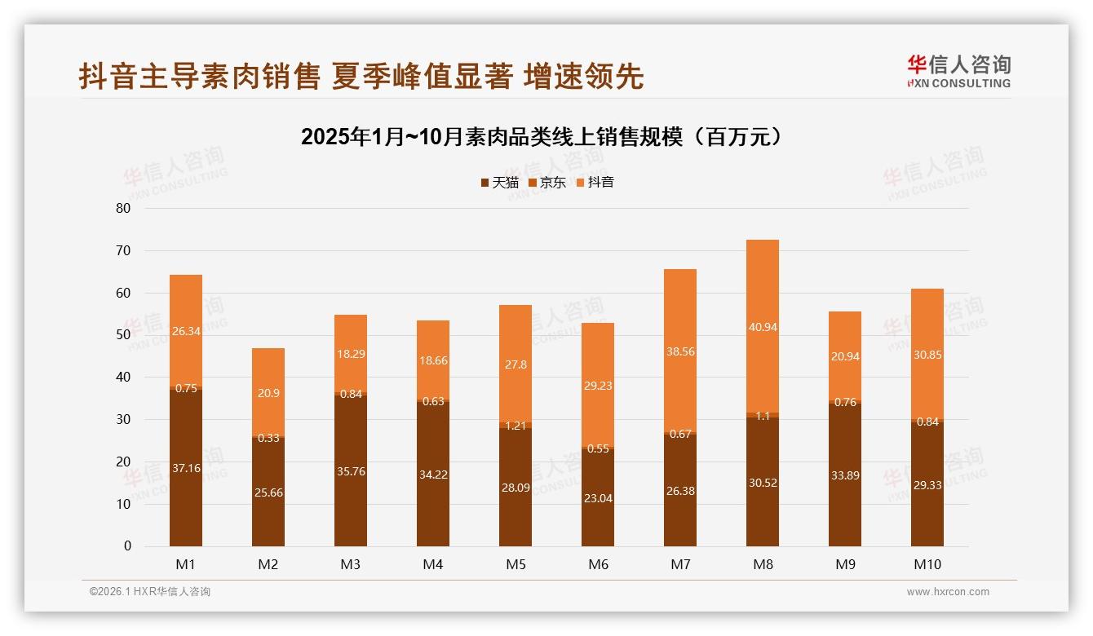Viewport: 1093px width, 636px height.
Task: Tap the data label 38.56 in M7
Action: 680,351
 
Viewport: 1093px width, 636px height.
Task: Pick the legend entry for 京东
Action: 547,183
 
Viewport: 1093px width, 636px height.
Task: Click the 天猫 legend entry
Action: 499,183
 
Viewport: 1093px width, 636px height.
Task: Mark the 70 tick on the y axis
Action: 123,250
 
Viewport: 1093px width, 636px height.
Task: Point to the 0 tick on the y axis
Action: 127,546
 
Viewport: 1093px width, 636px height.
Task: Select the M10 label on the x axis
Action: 927,564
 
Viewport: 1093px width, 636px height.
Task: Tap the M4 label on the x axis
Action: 433,564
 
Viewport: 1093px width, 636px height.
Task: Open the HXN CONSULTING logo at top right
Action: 958,71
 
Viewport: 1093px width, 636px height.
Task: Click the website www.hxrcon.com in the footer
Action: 948,592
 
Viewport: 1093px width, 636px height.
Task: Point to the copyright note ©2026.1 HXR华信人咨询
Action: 149,592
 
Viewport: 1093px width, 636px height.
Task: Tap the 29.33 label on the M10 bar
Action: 927,485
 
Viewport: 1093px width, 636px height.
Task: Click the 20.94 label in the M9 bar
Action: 845,356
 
